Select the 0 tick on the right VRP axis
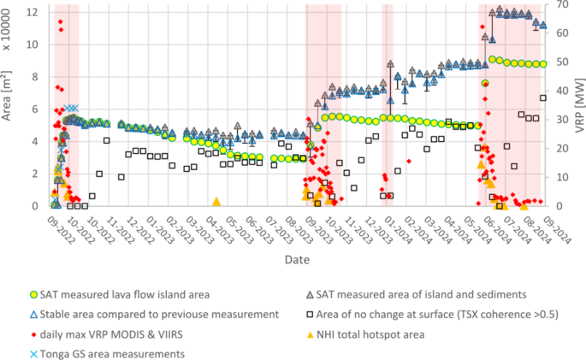pyautogui.click(x=557, y=206)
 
